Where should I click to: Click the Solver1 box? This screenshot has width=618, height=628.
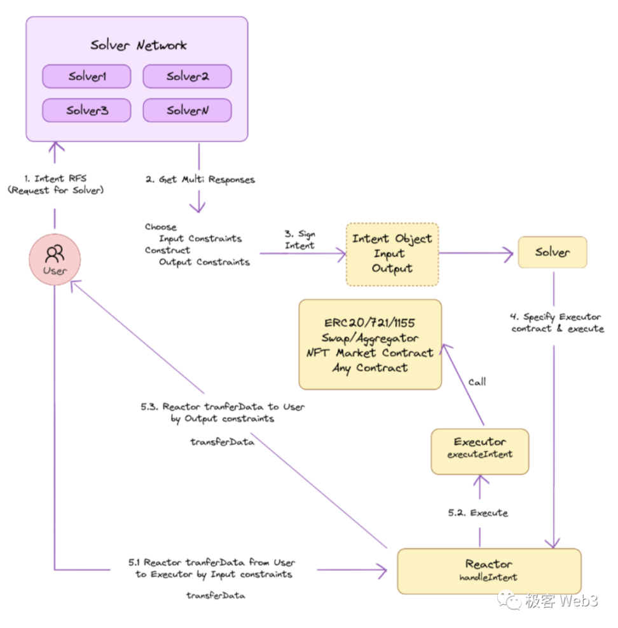coord(86,77)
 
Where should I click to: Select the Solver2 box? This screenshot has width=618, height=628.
coord(187,77)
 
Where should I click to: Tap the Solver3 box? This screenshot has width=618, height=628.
coord(86,110)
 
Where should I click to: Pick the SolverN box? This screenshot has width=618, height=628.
coord(187,110)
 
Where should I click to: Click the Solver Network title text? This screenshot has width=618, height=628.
coord(139,45)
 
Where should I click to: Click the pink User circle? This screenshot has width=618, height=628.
coord(55,259)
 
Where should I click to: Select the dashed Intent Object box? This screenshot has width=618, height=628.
coord(392,253)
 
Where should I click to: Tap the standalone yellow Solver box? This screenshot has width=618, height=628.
coord(552,253)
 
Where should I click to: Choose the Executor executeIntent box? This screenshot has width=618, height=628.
coord(479,451)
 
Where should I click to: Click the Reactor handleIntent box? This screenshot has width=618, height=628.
coord(488,570)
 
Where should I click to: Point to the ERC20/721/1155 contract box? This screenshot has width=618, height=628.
coord(370,344)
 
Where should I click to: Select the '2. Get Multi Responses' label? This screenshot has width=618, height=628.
coord(200,180)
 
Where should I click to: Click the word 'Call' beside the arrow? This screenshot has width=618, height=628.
coord(477,382)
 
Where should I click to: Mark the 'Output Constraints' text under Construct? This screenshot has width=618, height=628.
coord(203,262)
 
